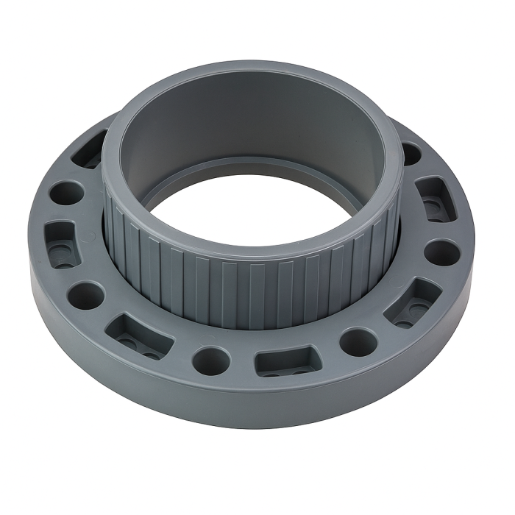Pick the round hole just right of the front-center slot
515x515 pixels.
pyautogui.click(x=358, y=341)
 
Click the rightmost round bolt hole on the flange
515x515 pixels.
pyautogui.click(x=442, y=252)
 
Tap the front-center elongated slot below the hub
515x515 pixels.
pyautogui.click(x=283, y=362)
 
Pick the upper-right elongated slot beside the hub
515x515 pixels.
pyautogui.click(x=436, y=199)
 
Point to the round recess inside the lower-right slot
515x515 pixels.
pyautogui.click(x=403, y=322)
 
